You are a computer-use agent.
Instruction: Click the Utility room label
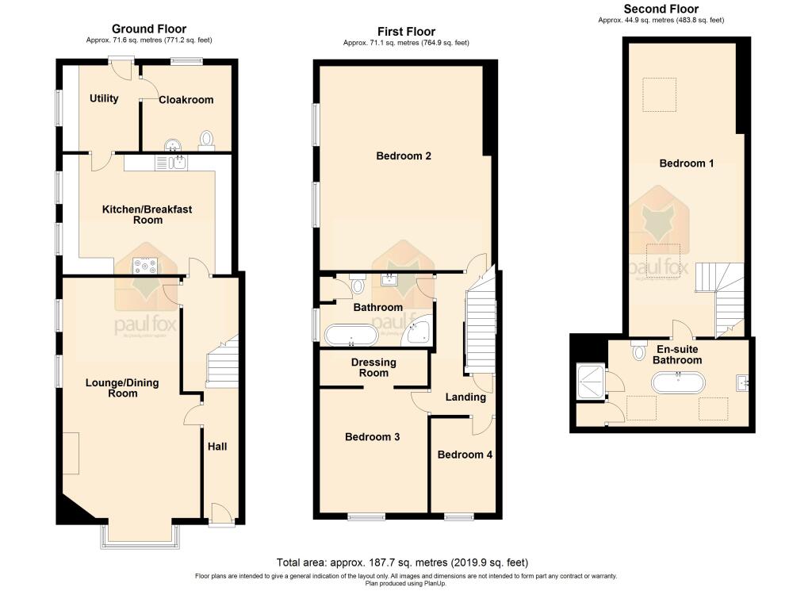104,99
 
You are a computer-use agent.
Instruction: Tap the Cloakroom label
186,100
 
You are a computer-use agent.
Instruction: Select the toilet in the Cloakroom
207,140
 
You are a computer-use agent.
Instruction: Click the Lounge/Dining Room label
122,388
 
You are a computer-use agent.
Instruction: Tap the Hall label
217,447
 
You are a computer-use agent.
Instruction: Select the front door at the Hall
221,516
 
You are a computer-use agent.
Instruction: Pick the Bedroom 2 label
403,156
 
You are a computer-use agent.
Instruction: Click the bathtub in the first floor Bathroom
351,335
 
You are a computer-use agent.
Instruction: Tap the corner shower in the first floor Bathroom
418,332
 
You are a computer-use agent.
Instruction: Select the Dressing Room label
373,367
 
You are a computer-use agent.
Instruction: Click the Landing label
465,397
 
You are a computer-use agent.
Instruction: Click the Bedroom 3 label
372,436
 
